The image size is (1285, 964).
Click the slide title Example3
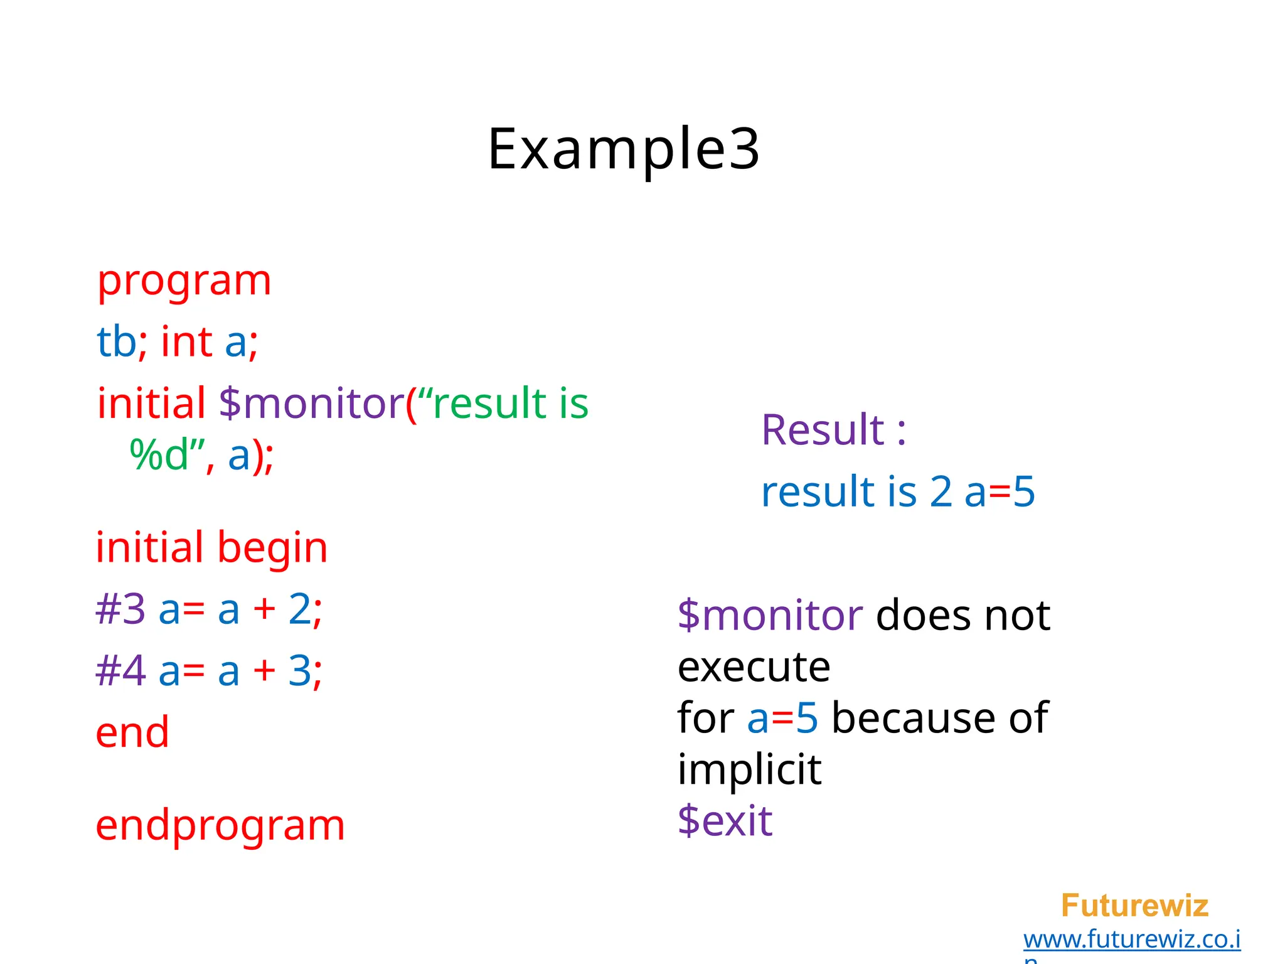[624, 149]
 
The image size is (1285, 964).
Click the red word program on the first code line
[184, 281]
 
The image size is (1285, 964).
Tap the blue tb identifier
[116, 342]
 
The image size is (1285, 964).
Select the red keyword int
[186, 342]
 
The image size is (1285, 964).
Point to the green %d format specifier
[159, 455]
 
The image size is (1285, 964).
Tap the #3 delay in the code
[120, 609]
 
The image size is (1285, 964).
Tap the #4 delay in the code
[120, 670]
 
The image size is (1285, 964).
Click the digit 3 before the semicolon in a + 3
[299, 670]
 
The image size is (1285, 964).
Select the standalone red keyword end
[132, 732]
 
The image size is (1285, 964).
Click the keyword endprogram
[220, 825]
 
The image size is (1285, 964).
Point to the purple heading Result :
[833, 431]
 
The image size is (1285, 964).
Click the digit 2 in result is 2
[941, 491]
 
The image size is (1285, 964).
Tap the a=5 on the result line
[999, 491]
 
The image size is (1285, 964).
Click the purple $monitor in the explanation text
[770, 615]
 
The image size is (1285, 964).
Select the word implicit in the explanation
[749, 769]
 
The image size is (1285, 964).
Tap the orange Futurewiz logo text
[1134, 906]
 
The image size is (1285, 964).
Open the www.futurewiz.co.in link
[1132, 940]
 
